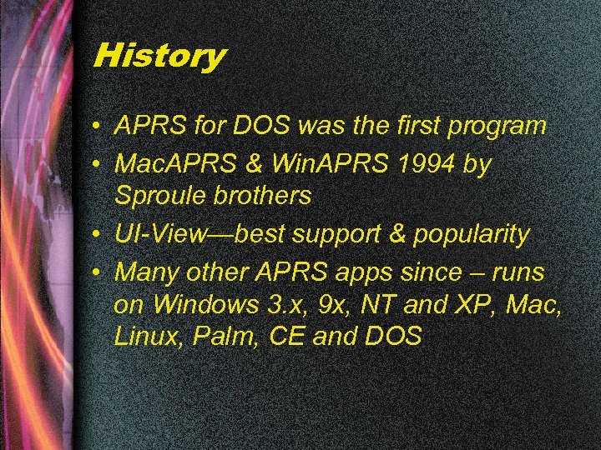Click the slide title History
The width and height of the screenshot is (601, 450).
click(x=159, y=57)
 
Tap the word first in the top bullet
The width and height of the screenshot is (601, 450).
click(x=414, y=126)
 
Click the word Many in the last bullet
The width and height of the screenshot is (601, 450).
click(x=143, y=272)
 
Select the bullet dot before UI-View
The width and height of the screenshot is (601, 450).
click(x=98, y=236)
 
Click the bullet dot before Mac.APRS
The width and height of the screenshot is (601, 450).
click(x=98, y=164)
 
